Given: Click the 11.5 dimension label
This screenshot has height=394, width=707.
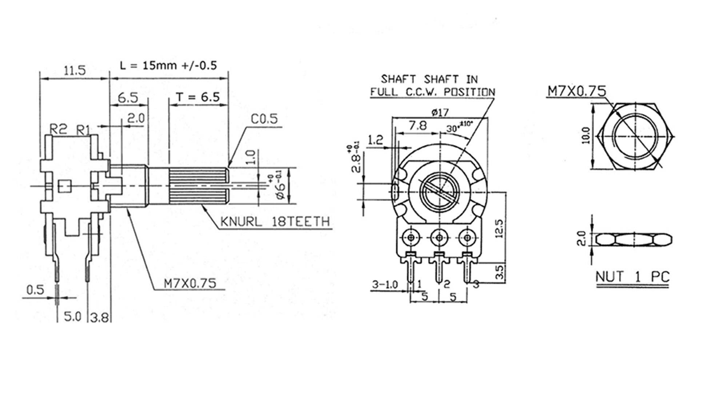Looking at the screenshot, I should (75, 70).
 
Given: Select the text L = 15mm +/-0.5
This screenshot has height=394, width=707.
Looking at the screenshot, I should (168, 66).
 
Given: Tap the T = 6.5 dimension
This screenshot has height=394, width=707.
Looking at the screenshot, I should (198, 97).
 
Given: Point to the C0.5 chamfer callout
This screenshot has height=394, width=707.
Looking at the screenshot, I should (264, 119).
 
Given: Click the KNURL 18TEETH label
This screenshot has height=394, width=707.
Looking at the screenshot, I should (275, 222).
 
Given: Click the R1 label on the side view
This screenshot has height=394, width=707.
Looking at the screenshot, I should (83, 130).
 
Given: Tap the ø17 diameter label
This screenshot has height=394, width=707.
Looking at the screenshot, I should (440, 112).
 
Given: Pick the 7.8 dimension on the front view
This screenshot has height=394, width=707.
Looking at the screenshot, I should (418, 126).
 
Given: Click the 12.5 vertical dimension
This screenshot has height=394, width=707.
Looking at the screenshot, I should (499, 228).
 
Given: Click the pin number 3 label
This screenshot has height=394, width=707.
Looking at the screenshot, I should (476, 284).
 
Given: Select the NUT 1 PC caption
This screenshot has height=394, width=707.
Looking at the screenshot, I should (632, 277).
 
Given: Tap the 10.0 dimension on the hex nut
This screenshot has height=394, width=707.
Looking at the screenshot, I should (586, 135).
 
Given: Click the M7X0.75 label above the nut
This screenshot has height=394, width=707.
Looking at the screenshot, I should (576, 91).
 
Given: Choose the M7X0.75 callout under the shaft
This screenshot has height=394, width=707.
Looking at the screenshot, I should (190, 283).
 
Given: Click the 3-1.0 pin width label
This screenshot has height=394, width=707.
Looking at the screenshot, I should (385, 284).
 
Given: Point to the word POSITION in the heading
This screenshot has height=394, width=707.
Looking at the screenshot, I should (469, 92).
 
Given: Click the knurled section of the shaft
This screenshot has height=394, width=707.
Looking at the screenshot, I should (198, 186).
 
